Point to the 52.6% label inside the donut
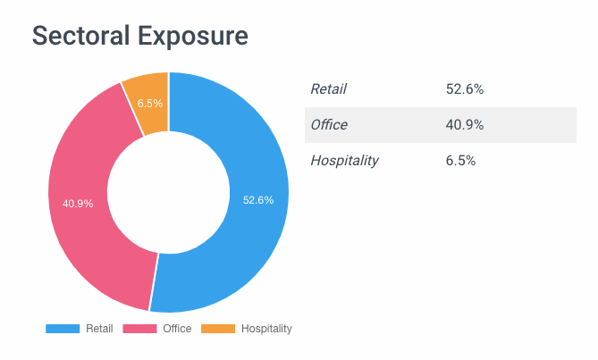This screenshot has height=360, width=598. click(x=258, y=200)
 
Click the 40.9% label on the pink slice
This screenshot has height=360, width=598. click(x=78, y=204)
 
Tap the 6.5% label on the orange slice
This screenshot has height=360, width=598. click(x=150, y=103)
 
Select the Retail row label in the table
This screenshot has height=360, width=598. click(x=328, y=88)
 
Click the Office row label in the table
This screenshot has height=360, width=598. click(x=328, y=125)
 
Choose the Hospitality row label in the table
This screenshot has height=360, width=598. click(x=344, y=161)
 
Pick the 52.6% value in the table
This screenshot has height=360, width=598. click(x=464, y=88)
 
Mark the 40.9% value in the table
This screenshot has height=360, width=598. click(x=464, y=125)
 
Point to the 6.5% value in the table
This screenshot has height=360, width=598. click(x=460, y=161)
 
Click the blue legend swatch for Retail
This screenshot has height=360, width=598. click(x=63, y=329)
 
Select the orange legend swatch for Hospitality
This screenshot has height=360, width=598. click(x=218, y=329)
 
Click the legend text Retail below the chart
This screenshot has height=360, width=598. click(x=99, y=329)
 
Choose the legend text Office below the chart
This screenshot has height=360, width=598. click(x=177, y=329)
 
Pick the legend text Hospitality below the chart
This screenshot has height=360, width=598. click(x=266, y=329)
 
